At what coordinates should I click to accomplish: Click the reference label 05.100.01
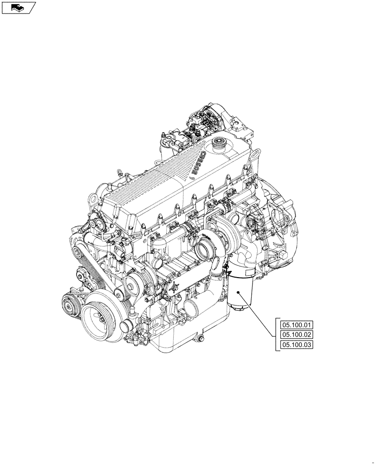298,325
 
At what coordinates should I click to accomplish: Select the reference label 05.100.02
298,335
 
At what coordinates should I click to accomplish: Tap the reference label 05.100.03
298,345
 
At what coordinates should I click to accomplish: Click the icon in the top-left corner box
18,7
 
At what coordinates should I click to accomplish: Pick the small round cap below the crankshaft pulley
126,333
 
